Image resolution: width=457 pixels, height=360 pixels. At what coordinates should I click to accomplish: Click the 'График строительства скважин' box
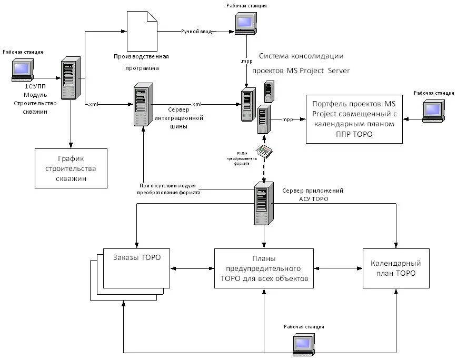[71, 168]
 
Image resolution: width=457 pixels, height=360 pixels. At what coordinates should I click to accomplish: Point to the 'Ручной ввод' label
[196, 32]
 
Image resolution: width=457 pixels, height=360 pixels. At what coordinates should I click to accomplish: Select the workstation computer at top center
[245, 23]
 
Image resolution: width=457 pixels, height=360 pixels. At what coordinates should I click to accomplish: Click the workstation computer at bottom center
[303, 344]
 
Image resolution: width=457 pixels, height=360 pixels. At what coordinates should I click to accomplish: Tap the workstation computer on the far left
[22, 69]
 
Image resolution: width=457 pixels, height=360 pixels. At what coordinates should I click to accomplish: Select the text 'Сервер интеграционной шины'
[177, 117]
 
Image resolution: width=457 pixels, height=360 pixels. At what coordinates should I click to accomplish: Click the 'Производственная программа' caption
[141, 62]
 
